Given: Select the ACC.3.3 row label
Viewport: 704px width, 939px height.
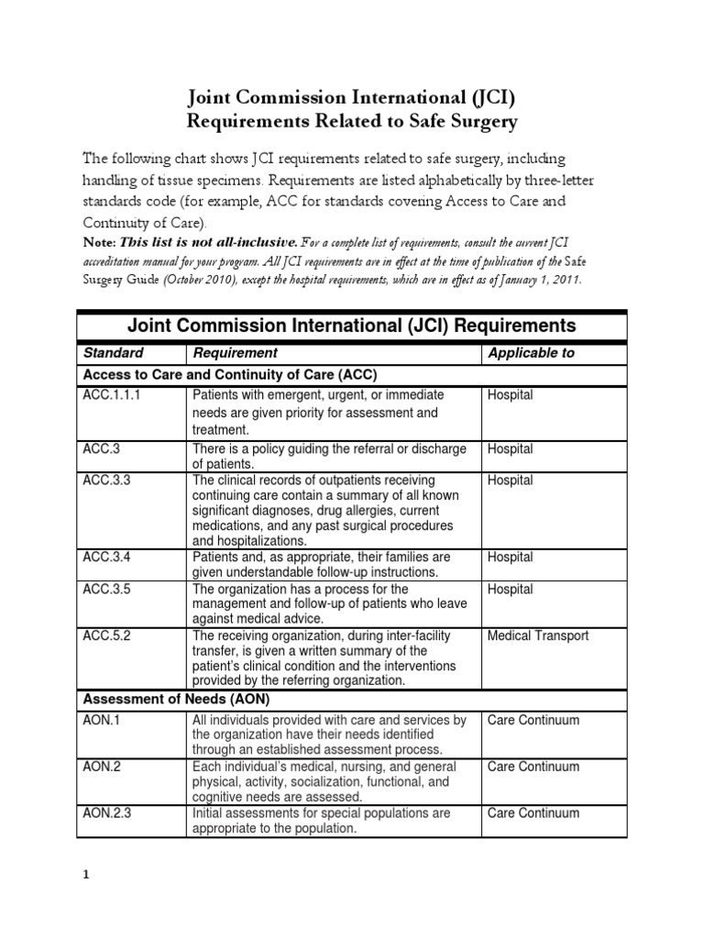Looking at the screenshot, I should click(x=106, y=481).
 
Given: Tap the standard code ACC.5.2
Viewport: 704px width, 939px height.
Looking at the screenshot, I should click(x=106, y=635).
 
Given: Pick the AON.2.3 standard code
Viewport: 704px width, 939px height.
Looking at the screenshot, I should click(x=107, y=813).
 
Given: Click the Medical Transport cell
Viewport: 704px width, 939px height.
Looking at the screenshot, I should click(x=538, y=635).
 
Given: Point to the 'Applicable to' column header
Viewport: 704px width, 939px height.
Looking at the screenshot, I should click(x=531, y=352).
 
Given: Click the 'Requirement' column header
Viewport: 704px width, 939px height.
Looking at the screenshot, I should click(x=235, y=352).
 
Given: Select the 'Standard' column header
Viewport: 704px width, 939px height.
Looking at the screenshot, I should click(x=114, y=352).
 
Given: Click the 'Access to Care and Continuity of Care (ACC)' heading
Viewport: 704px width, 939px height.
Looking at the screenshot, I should click(x=230, y=375).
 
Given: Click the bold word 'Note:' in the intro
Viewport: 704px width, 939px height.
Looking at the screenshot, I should click(x=99, y=243).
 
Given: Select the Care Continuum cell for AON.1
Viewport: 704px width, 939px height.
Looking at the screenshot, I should click(x=533, y=721).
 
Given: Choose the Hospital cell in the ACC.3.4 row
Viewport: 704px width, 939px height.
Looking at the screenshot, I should click(x=511, y=558).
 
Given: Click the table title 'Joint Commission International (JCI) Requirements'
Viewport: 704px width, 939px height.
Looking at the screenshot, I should click(x=352, y=326).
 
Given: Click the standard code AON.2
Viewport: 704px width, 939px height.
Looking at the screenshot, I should click(x=101, y=768).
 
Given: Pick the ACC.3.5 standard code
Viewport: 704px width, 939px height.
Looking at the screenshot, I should click(x=106, y=589).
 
